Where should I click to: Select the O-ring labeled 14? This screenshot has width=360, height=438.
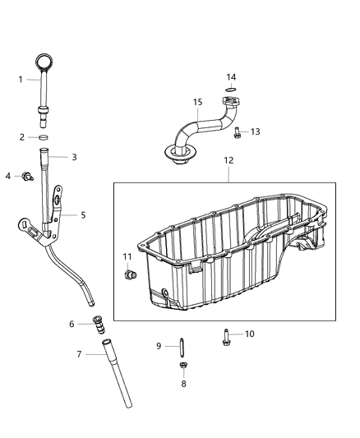(197, 102)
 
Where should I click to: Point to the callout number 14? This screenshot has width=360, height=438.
(232, 78)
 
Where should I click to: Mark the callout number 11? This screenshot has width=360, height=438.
(128, 257)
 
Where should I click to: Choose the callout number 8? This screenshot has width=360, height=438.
(183, 384)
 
